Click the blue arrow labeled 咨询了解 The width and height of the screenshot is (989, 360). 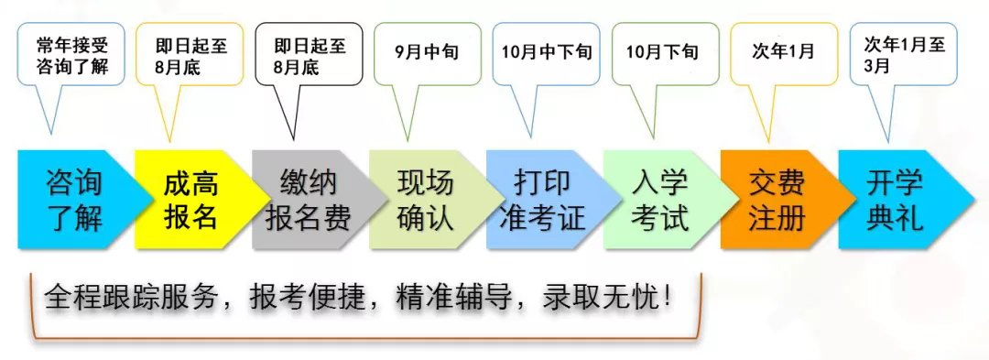pos(75,200)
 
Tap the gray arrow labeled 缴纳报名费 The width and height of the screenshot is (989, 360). pos(309,200)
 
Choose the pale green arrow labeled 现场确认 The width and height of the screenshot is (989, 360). pos(426,200)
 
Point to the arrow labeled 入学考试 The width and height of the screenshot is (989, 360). pos(659,200)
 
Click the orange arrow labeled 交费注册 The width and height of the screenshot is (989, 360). pos(777,200)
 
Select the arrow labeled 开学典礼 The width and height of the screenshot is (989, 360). pos(896,200)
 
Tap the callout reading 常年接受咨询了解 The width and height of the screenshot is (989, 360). pos(70,57)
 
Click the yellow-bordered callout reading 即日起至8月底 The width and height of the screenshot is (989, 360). pos(190,57)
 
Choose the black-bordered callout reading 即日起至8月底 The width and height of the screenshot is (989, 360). pos(308,57)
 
